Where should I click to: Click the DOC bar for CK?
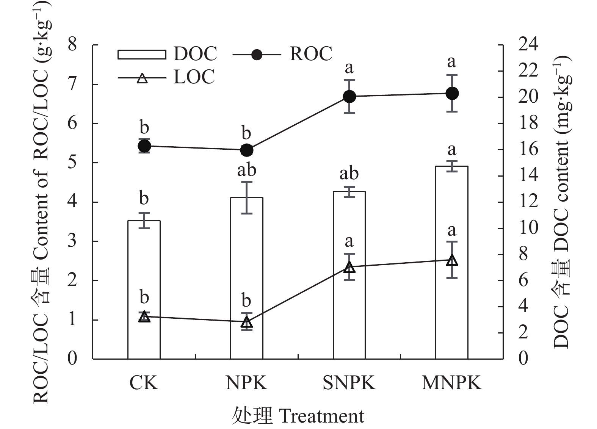point(144,290)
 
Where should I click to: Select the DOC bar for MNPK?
point(452,263)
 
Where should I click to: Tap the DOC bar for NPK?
point(246,278)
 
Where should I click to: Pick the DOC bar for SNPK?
point(349,275)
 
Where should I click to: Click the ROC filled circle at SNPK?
point(349,97)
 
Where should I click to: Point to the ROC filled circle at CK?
point(144,146)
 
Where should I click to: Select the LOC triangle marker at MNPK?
point(452,260)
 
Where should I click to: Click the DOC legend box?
point(142,55)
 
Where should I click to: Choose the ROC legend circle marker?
point(257,55)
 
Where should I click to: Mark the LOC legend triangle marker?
point(142,78)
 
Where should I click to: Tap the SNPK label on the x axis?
point(349,383)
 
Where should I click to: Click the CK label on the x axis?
point(144,383)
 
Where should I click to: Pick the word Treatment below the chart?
point(321,416)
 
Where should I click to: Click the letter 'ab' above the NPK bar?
point(247,170)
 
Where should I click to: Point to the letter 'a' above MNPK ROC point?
point(451,62)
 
